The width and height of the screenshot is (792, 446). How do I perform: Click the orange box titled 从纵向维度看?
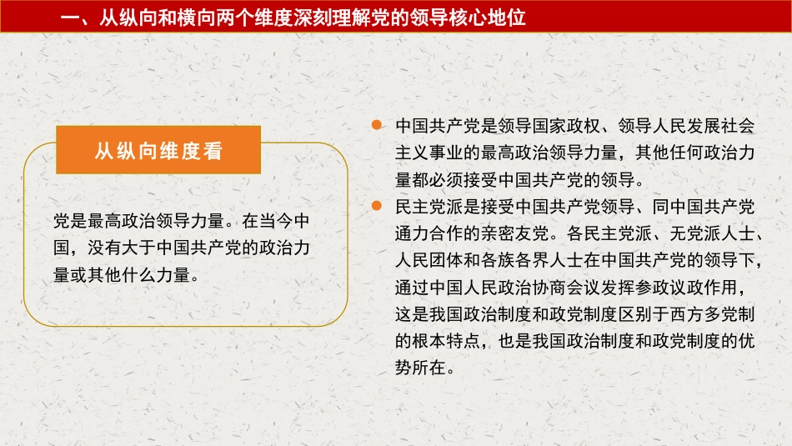[158, 151]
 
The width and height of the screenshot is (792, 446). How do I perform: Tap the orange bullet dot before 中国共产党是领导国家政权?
[377, 125]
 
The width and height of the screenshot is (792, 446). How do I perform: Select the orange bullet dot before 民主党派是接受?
[377, 204]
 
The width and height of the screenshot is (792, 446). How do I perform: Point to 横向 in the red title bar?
[193, 18]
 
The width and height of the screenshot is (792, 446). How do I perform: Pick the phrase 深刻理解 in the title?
[321, 18]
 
